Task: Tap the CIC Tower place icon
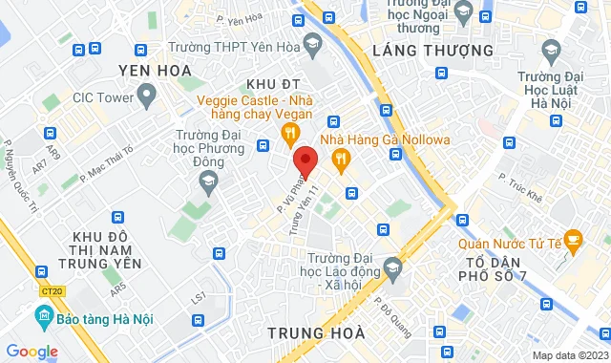(146, 95)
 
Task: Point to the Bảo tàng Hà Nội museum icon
(41, 315)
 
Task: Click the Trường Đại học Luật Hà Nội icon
(551, 48)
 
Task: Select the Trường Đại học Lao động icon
(390, 266)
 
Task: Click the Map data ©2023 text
(568, 356)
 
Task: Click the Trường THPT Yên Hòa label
(215, 48)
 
